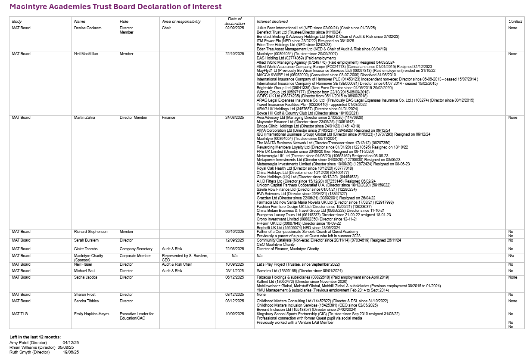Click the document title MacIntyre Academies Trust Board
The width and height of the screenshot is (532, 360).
(x=115, y=7)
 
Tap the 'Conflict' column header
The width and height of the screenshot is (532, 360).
(x=515, y=22)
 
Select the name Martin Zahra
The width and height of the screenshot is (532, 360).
(x=84, y=118)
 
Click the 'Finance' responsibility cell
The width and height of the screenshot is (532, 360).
(x=168, y=118)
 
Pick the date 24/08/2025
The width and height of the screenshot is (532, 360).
(x=234, y=118)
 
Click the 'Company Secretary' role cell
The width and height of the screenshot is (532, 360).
(x=136, y=249)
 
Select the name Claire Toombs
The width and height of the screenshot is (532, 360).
(x=86, y=249)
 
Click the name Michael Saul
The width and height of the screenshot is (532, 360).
(x=85, y=271)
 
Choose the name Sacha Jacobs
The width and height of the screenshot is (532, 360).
(x=86, y=277)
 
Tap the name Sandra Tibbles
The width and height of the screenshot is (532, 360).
(x=87, y=301)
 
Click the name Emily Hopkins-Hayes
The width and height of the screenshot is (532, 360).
(x=92, y=314)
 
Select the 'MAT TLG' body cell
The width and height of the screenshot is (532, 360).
(x=20, y=314)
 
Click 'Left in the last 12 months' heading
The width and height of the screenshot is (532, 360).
(x=35, y=337)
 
